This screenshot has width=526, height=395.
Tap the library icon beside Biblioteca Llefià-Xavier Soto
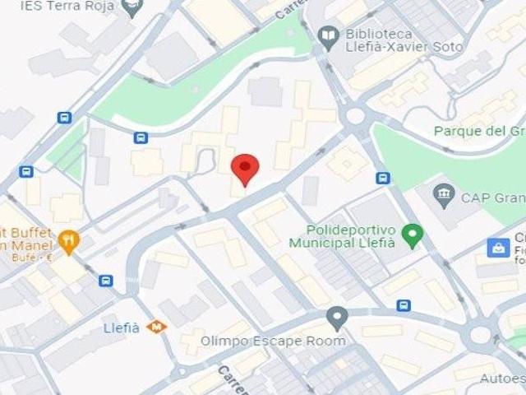[328, 35]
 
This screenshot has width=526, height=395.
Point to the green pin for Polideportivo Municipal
[414, 236]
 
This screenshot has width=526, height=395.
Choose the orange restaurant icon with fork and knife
[69, 240]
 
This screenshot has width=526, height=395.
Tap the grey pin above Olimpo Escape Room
[337, 317]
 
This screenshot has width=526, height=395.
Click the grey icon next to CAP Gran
[444, 195]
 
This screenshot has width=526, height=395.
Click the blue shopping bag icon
[497, 247]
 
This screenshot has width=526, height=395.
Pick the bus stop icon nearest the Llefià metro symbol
[106, 281]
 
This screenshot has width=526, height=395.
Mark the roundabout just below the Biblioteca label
[356, 116]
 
